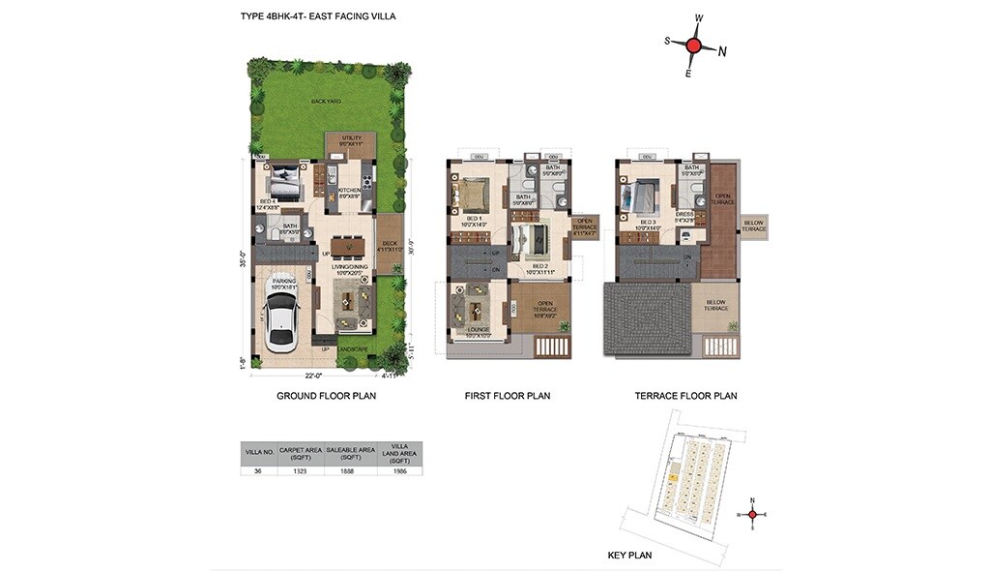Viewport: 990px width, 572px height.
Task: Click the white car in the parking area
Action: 281,319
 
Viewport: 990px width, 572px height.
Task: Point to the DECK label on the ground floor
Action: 390,244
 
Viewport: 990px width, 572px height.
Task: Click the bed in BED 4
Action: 284,180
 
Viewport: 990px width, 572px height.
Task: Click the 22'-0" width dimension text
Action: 312,376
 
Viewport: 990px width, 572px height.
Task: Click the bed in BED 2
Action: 535,238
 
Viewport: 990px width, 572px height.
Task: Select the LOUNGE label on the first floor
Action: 477,330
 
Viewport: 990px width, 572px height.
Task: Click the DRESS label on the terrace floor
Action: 684,214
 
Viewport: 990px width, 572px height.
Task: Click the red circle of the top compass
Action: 693,45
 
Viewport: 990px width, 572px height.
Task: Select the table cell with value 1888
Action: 350,470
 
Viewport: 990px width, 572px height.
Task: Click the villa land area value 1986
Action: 399,470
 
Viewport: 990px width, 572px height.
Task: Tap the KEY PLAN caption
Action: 628,556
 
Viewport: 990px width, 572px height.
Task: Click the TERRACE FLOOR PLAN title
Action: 685,396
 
